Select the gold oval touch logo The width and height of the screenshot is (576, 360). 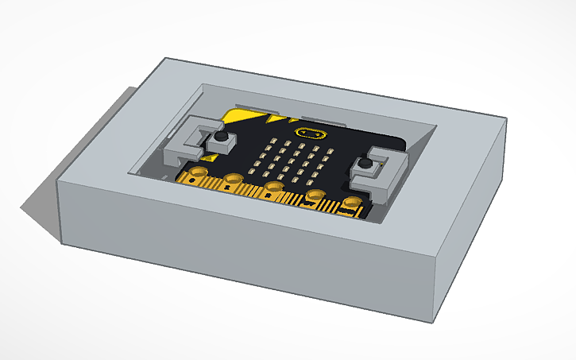(x=310, y=132)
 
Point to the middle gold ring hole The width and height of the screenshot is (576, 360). (x=274, y=187)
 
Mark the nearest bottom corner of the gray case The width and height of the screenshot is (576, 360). (x=435, y=322)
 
